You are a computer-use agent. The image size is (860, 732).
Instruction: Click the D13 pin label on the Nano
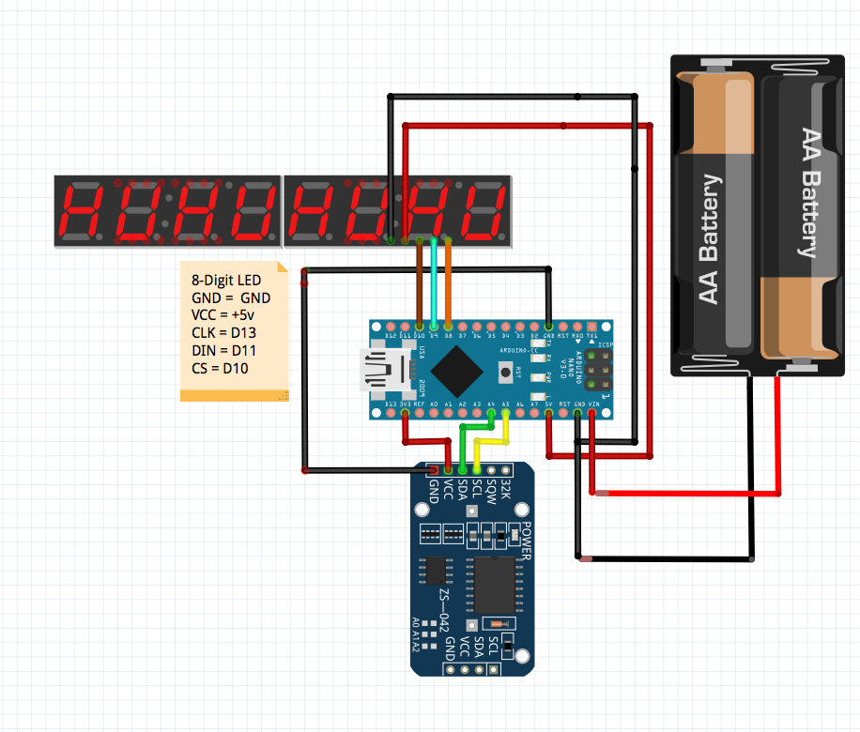pos(391,404)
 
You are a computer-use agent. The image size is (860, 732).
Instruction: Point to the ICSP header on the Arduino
pos(596,369)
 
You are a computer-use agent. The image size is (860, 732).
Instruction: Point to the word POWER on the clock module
pos(526,540)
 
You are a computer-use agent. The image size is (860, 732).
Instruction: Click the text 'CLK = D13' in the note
pos(223,332)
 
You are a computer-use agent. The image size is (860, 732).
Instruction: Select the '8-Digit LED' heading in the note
pos(226,280)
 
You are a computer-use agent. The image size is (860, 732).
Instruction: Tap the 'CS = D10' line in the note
pos(221,367)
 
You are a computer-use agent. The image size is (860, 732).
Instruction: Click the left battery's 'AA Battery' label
pos(710,238)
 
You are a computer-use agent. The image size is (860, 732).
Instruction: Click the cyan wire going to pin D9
pos(434,282)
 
